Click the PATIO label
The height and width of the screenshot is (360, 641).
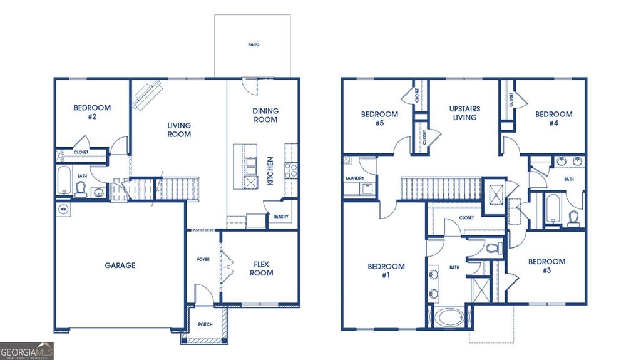[253, 44]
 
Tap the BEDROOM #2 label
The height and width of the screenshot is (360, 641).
[92, 111]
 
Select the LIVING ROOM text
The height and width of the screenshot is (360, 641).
[179, 130]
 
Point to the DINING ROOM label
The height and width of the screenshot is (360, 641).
[265, 115]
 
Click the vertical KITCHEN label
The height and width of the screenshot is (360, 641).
[270, 171]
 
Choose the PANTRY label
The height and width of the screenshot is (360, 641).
[279, 217]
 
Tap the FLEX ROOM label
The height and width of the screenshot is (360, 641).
[261, 269]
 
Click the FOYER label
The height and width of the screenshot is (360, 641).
[203, 259]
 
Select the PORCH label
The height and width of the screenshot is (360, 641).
[205, 325]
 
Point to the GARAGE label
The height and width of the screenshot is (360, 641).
[120, 265]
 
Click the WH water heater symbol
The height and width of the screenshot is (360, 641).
[63, 209]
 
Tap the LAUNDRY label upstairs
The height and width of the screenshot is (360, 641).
[354, 178]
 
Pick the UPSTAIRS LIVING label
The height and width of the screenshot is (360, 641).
[464, 113]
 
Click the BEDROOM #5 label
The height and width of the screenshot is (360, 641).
[379, 118]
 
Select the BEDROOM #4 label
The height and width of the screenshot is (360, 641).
[553, 118]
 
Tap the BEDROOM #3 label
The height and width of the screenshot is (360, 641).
[546, 265]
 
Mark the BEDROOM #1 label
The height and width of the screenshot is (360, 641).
[386, 270]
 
